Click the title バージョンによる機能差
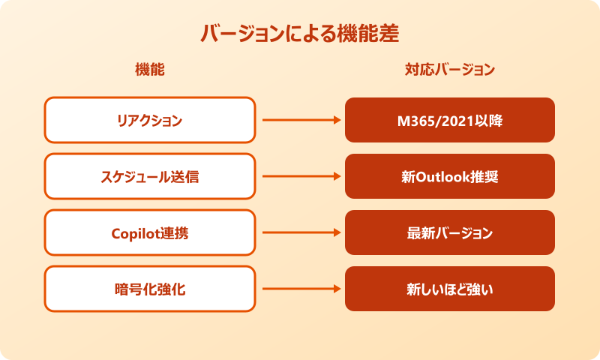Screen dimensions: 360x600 coord(299,34)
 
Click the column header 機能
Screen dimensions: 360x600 coord(149,70)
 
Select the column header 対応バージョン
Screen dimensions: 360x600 coord(449,70)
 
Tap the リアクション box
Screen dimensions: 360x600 coord(149,120)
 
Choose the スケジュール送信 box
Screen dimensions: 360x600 coord(149,177)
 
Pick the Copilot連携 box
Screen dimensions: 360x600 coord(149,232)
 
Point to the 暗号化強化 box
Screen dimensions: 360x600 coord(149,289)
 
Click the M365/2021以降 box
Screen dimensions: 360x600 coord(449,120)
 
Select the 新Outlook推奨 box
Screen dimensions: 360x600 coord(449,177)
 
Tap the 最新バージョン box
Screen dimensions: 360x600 coord(449,232)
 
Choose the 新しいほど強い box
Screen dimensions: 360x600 coord(449,289)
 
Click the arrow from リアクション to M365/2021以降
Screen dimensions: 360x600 coord(300,120)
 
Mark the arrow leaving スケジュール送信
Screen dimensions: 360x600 coord(300,177)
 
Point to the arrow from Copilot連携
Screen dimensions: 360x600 coord(300,232)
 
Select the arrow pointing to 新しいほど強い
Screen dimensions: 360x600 coord(300,289)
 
